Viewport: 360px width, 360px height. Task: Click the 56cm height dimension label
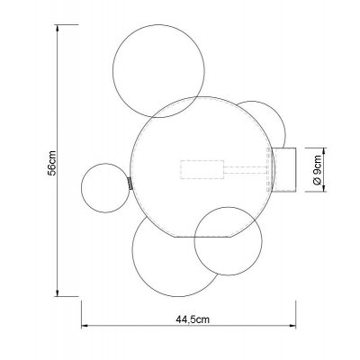(52, 163)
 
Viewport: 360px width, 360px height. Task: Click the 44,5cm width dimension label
(193, 319)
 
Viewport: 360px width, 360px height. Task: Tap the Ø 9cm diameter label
(317, 170)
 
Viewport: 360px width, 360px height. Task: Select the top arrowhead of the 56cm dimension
(57, 28)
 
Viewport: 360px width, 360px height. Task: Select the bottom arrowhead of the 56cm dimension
(57, 292)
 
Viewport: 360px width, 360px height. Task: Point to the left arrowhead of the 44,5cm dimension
(85, 325)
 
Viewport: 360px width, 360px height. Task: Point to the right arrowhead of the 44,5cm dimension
(292, 325)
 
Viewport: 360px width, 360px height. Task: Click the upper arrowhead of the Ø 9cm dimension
(323, 151)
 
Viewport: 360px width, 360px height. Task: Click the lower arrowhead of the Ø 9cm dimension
(323, 188)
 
